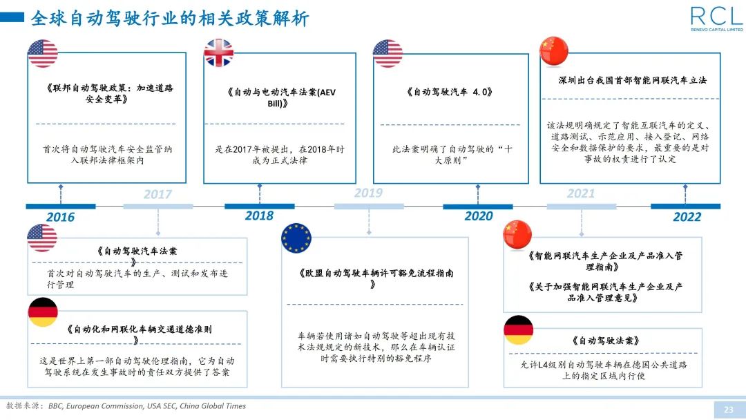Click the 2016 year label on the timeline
point(60,217)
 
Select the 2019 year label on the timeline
point(368,193)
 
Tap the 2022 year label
point(687,216)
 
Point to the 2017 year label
point(157,194)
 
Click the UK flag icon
point(219,53)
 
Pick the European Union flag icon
point(296,238)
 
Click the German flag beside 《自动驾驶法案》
point(518,330)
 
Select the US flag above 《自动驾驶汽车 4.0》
point(388,53)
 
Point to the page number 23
point(728,410)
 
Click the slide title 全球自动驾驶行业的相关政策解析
point(170,19)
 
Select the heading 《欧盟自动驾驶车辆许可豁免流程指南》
point(376,278)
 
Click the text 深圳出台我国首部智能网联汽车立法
point(632,80)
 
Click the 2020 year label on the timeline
point(478,216)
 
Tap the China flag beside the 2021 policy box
point(518,235)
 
